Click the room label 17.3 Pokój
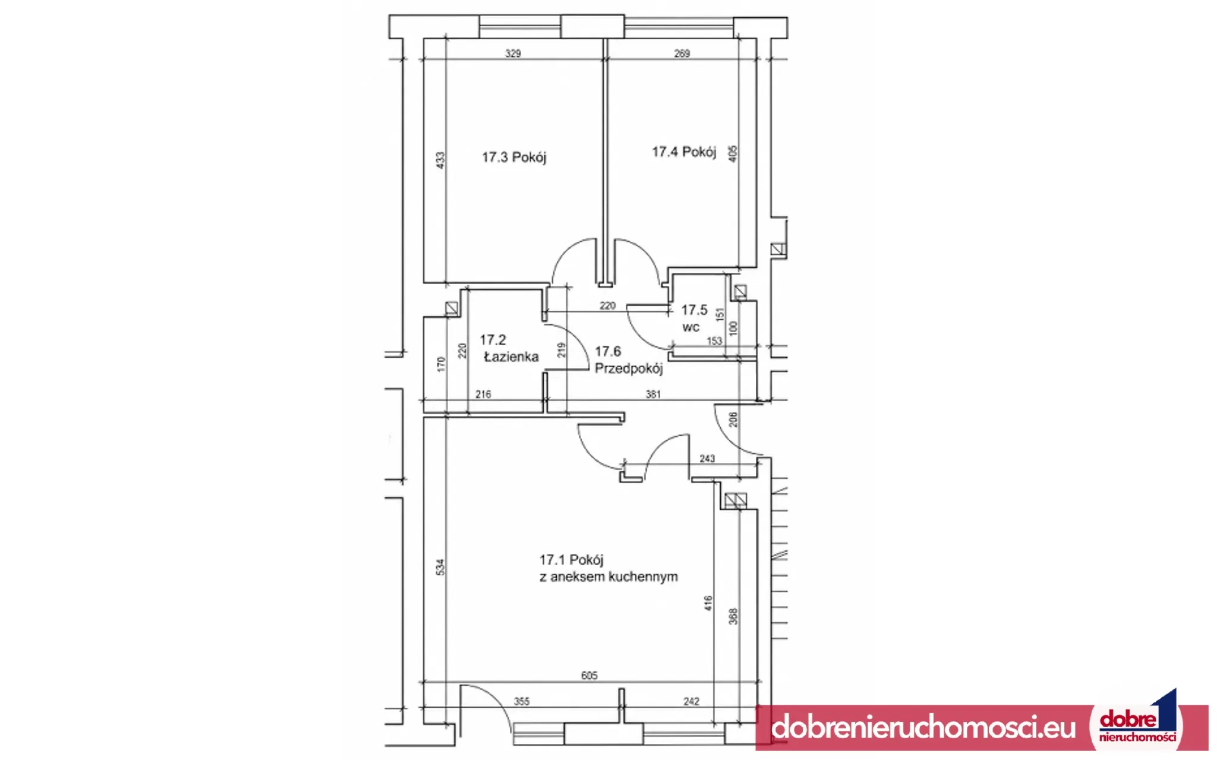coord(514,157)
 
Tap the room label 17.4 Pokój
coord(684,152)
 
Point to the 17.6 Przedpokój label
coord(629,360)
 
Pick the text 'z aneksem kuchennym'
coord(608,577)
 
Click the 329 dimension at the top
coord(513,53)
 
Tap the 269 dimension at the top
coord(682,53)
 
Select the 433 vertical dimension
coord(440,160)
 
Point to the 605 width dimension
coord(589,676)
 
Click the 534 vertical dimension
coord(440,567)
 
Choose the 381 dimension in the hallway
coord(653,394)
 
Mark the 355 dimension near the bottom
coord(521,702)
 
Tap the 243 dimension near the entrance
coord(707,459)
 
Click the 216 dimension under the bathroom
coord(483,394)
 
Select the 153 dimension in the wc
coord(714,341)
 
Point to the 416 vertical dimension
coord(708,604)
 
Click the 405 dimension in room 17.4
coord(733,153)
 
